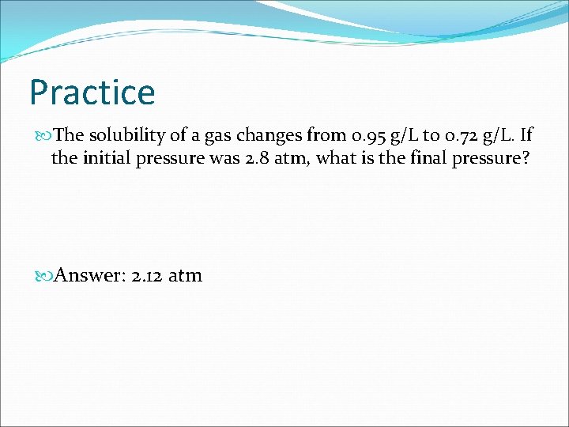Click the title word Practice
92,93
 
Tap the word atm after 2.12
185,275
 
